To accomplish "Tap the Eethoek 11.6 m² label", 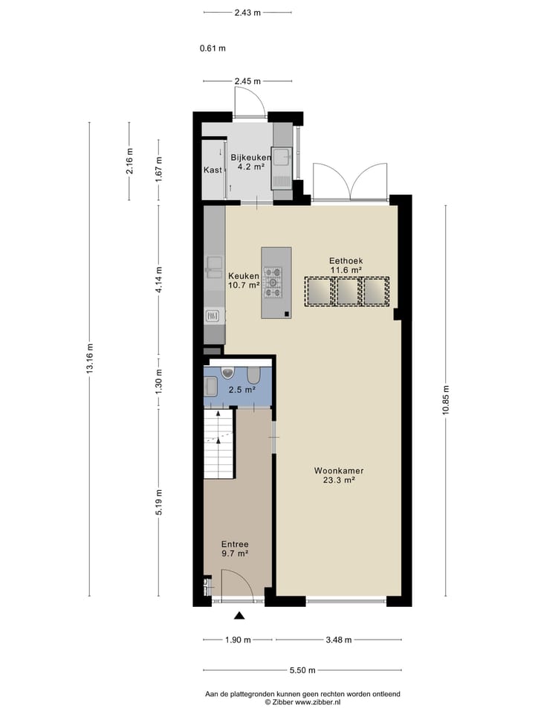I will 346,266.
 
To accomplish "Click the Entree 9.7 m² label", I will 234,549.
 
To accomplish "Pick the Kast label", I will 213,170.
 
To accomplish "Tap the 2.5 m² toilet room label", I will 241,389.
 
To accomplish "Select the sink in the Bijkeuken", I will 282,157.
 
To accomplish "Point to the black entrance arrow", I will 239,615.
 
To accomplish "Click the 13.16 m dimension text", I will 90,359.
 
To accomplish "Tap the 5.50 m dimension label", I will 302,670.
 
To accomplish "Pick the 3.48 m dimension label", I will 338,640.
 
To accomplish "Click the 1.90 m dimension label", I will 238,640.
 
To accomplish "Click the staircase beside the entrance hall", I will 218,444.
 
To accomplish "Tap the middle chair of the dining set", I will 347,291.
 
